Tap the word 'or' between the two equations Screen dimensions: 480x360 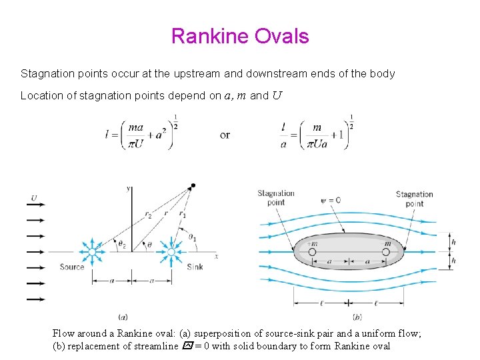(225, 135)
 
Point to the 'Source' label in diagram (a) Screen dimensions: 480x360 (72, 267)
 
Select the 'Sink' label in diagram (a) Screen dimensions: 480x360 (195, 267)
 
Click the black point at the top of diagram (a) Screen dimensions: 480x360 (193, 185)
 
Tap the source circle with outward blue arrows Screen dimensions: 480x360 (93, 252)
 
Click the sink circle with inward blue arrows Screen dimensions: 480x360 (171, 252)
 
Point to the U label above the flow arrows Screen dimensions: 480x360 (34, 197)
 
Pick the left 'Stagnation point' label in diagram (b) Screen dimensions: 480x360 (276, 198)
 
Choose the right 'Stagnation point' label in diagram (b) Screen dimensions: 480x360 (414, 199)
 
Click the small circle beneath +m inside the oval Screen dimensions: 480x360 (313, 252)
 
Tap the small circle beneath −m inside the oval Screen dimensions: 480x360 (387, 252)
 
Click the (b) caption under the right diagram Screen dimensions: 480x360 (357, 317)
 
